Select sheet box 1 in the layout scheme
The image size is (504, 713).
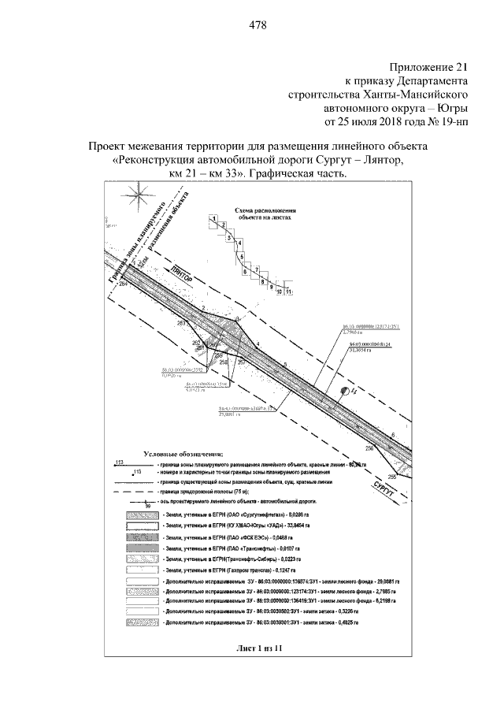tap(213, 218)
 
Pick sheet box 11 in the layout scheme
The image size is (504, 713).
tap(289, 292)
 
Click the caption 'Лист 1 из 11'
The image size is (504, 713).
tap(258, 648)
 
